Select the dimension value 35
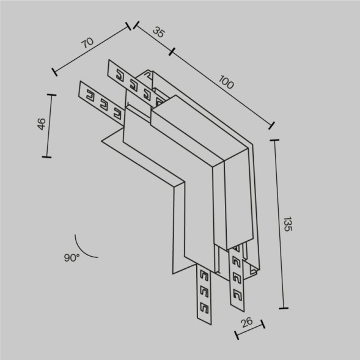[x=158, y=33]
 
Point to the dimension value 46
[x=41, y=124]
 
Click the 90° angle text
[x=71, y=258]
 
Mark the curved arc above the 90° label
[x=86, y=246]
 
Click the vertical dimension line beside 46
[x=48, y=125]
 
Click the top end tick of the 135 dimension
[x=274, y=141]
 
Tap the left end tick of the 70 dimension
[x=55, y=72]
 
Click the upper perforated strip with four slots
[x=134, y=81]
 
